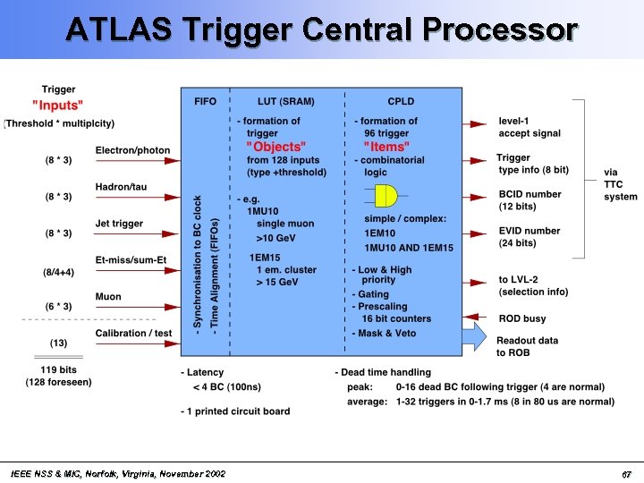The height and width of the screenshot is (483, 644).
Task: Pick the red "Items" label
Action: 386,147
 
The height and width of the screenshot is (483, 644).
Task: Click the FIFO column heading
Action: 205,101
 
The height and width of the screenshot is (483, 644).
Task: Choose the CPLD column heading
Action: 401,101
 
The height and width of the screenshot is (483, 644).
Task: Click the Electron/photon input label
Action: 132,149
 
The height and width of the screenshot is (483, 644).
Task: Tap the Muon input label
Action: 108,297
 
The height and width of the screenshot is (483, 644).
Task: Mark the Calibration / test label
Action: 133,334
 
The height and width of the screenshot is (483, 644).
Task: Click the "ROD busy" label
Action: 522,318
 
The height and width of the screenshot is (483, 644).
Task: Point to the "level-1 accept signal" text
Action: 530,127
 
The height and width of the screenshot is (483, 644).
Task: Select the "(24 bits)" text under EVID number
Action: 518,243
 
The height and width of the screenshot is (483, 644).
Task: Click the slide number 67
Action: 627,472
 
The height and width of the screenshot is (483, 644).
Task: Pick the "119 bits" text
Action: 58,370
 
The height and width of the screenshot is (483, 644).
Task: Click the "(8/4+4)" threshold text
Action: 58,271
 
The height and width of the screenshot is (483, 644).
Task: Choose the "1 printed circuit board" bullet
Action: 239,411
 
